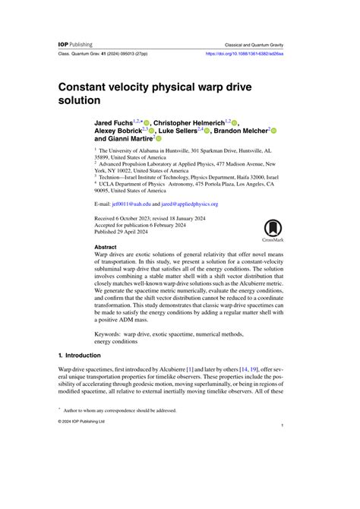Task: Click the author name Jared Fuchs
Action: pos(112,122)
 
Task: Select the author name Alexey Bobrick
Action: pos(118,131)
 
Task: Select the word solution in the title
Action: pos(81,100)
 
